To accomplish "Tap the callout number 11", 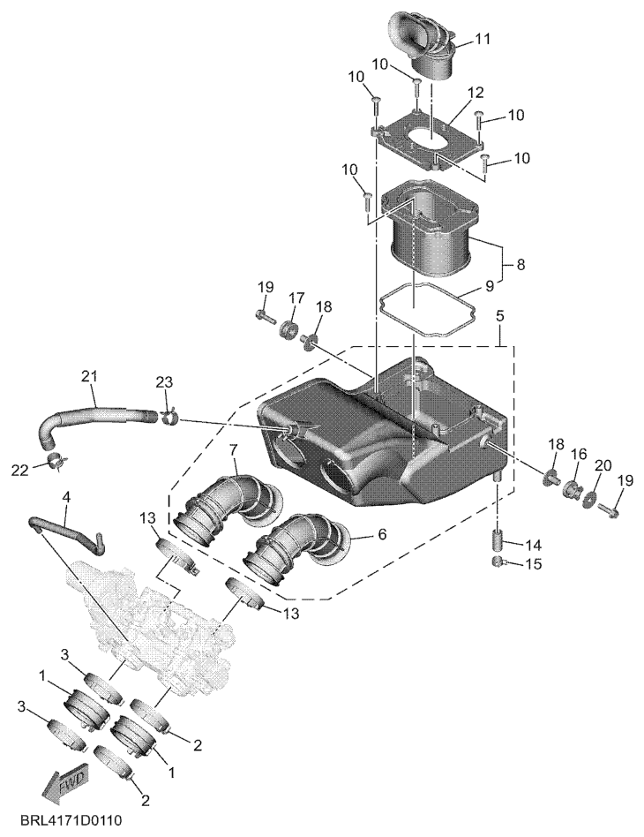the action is coord(483,39).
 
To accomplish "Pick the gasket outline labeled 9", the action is coord(427,310).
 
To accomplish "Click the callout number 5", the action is coord(499,315).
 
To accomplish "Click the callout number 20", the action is coord(603,465).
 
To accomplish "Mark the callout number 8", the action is coord(520,264).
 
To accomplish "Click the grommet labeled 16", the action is coord(573,488).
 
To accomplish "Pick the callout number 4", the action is coord(65,496).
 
